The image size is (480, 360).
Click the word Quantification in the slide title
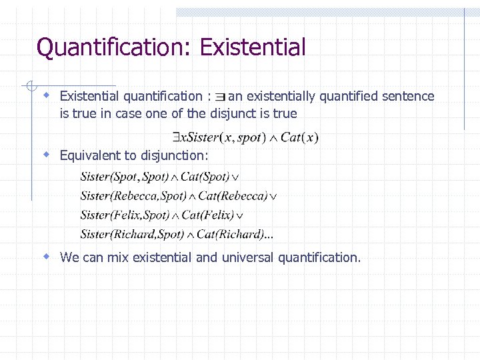point(113,47)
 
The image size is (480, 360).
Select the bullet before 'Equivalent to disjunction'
point(47,155)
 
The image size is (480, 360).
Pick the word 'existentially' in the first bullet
point(281,97)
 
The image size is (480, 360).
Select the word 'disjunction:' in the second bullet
point(175,156)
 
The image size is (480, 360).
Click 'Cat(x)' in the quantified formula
point(299,138)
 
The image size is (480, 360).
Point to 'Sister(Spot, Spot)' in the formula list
point(124,177)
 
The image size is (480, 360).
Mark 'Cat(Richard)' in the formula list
point(230,234)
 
